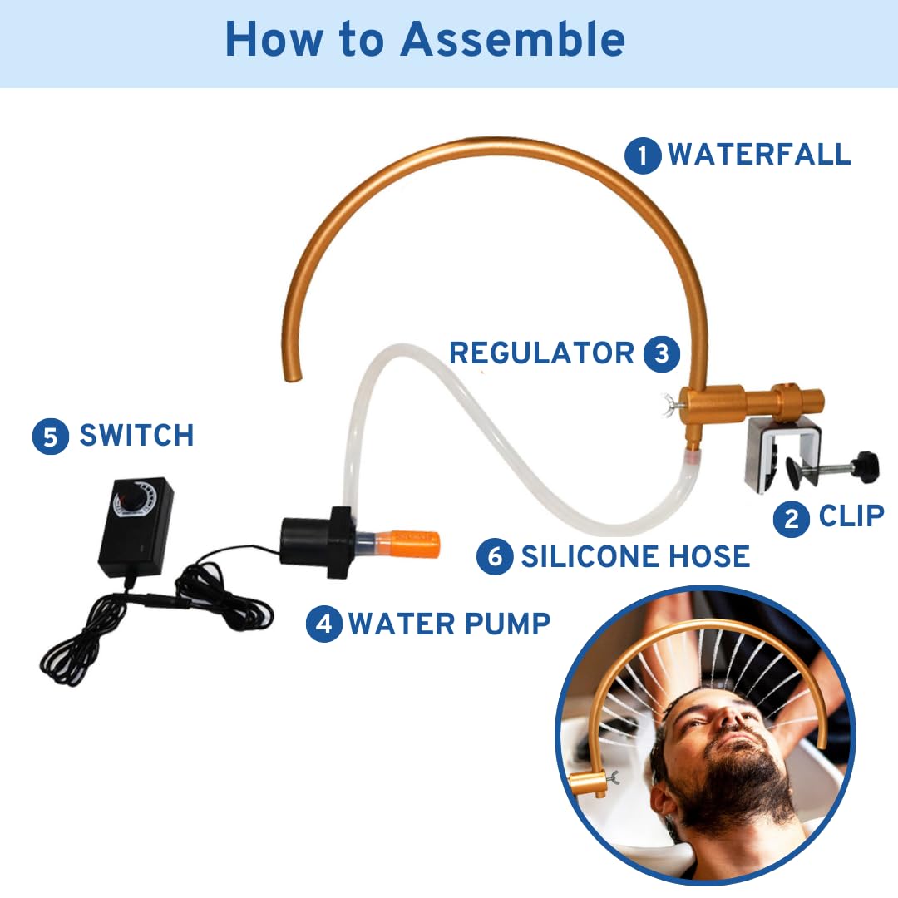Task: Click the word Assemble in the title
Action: pos(512,39)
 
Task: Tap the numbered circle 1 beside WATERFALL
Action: pos(643,155)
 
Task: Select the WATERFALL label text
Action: pos(759,154)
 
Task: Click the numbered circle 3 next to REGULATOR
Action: pos(662,353)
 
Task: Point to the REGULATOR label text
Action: pos(542,353)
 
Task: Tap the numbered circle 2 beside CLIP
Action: pos(791,519)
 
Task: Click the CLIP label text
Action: pos(851,516)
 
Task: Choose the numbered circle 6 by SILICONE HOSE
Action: pos(495,556)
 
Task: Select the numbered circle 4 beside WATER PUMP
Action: pos(324,624)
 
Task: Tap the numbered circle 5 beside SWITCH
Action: pos(51,437)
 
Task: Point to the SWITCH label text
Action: pos(137,435)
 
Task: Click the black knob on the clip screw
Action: pos(865,466)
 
